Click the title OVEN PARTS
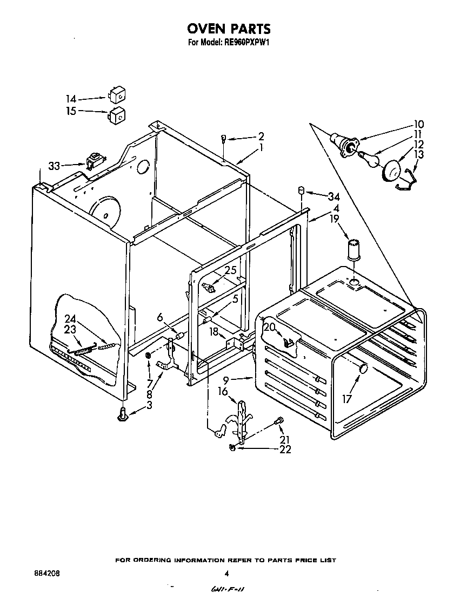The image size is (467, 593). tap(229, 29)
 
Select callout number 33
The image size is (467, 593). tap(54, 166)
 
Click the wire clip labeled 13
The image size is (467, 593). tap(407, 180)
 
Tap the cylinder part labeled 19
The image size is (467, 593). tap(355, 249)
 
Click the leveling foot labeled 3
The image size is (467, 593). tap(124, 414)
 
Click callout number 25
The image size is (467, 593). tap(231, 270)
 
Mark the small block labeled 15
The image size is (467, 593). tap(117, 115)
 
